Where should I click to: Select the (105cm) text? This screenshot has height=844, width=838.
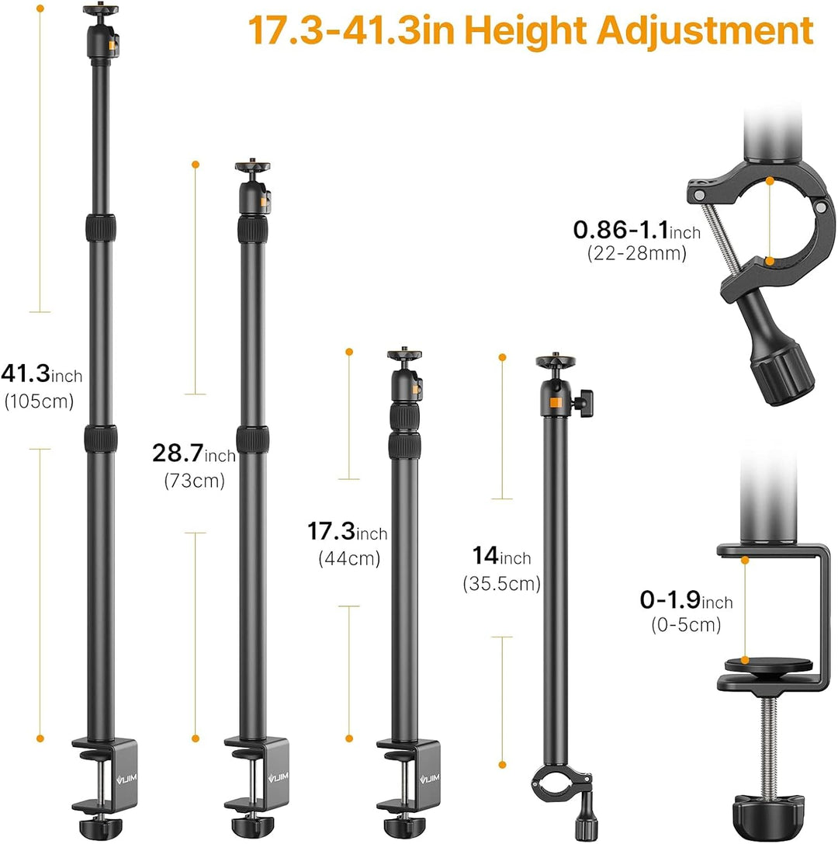[39, 401]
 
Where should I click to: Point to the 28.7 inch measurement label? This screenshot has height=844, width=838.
[194, 453]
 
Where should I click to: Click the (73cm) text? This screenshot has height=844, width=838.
[194, 480]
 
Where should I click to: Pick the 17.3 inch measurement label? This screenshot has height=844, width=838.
[348, 533]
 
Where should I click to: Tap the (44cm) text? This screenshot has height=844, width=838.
[348, 558]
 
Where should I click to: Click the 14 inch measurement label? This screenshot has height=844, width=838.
[502, 557]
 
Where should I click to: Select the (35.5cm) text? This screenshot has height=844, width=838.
[501, 583]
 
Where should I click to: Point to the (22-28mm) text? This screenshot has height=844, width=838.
[636, 252]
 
